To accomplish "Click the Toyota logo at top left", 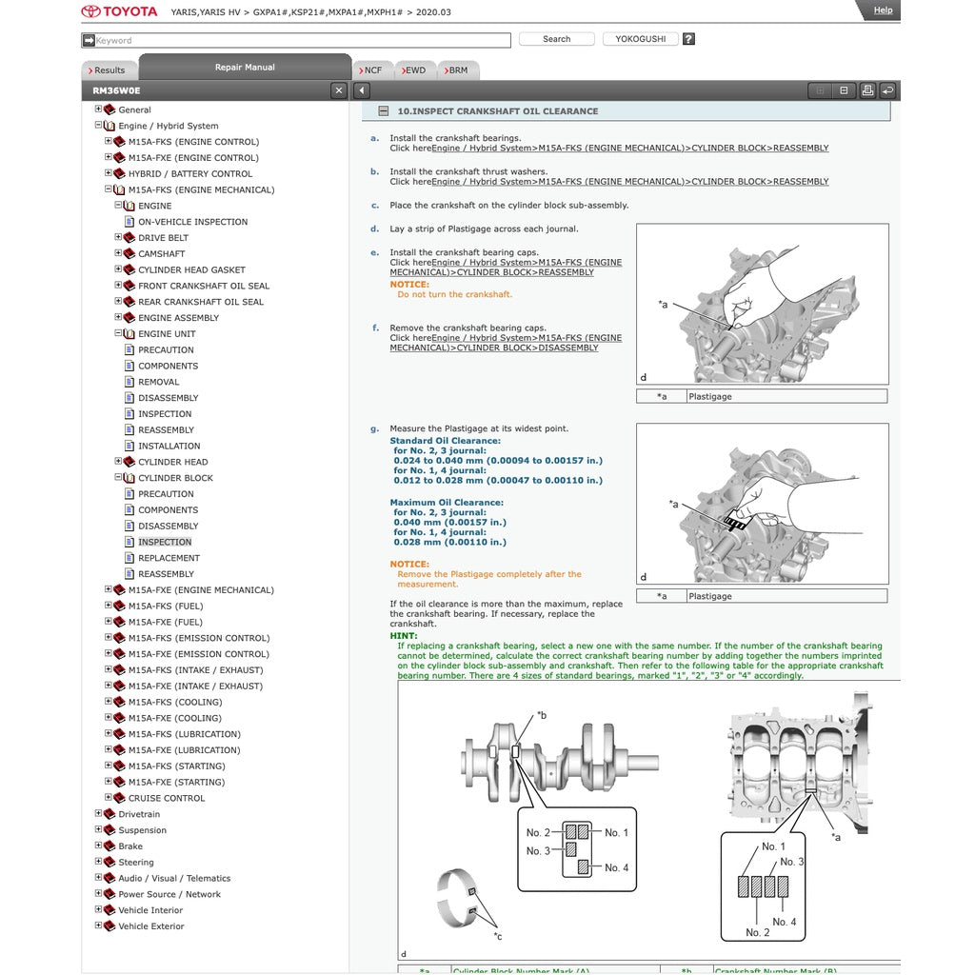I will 119,11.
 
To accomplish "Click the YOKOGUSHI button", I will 640,39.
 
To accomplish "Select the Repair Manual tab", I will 245,68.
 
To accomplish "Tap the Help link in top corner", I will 883,10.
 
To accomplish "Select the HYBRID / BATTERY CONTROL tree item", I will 190,174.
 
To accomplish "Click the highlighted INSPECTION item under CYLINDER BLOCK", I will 165,542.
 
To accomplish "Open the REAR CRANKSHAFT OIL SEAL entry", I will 200,302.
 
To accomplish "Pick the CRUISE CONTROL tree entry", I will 167,798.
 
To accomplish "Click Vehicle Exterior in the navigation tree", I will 151,926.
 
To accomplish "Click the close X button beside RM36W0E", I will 339,90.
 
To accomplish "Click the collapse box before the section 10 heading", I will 383,111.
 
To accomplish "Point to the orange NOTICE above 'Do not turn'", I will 409,285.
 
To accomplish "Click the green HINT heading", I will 404,636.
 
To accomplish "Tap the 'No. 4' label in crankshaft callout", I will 616,867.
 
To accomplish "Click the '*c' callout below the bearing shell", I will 497,936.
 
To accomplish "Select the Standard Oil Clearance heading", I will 445,441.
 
